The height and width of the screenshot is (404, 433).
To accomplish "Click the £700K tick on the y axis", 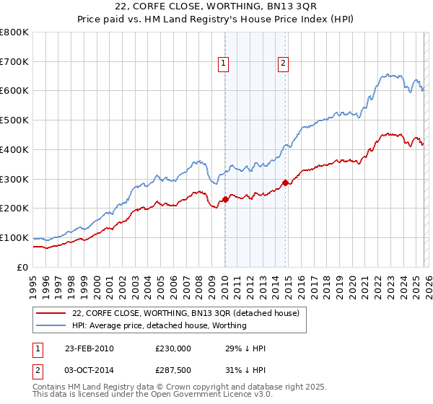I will tap(14, 61).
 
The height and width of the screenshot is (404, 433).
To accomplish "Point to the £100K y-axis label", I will tap(14, 237).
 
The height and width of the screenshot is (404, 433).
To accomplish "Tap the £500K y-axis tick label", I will tap(14, 120).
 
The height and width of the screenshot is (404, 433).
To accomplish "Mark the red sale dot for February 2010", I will tap(225, 199).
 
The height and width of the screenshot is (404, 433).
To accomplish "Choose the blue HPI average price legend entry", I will tap(159, 325).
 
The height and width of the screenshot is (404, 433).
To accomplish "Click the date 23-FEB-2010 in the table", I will tap(89, 348).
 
